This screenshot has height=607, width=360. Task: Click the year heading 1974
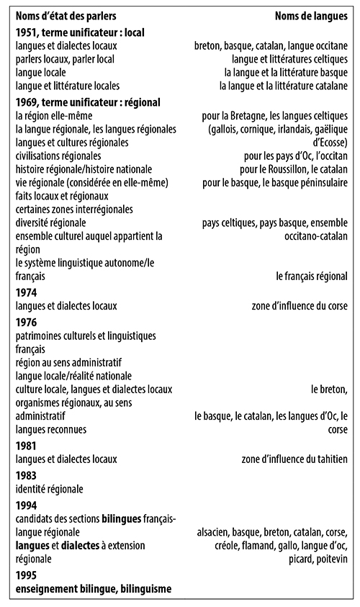pyautogui.click(x=27, y=292)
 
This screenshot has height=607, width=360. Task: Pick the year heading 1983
pyautogui.click(x=27, y=476)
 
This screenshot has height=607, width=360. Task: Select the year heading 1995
pyautogui.click(x=27, y=575)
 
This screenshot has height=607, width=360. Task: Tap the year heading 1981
pyautogui.click(x=27, y=445)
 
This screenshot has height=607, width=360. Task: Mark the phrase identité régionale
pyautogui.click(x=49, y=490)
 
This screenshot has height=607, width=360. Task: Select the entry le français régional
pyautogui.click(x=312, y=275)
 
